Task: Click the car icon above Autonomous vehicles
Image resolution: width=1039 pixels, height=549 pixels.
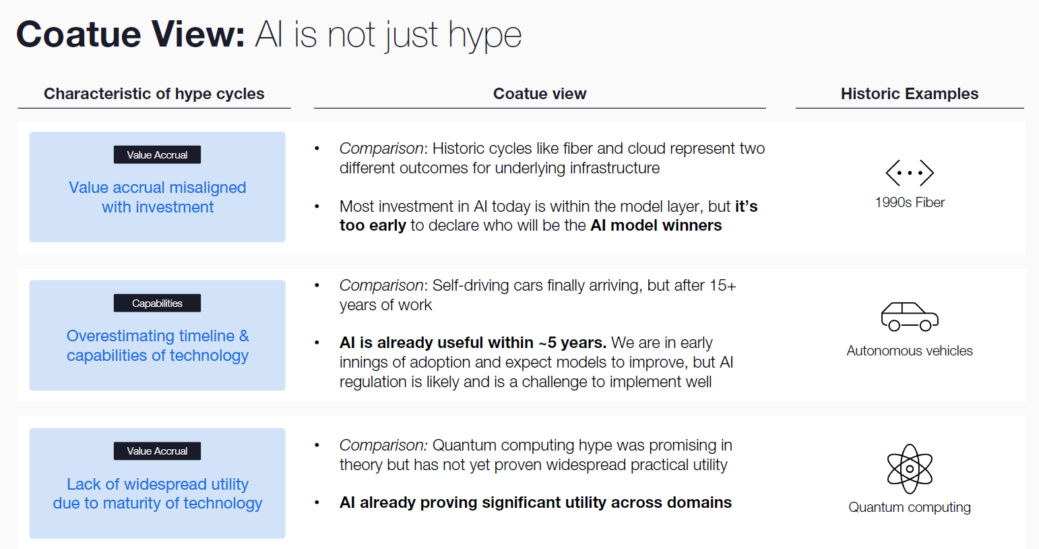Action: point(910,316)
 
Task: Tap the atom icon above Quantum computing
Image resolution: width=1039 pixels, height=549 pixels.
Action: point(910,469)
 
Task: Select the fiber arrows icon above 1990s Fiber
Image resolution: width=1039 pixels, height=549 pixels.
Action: point(910,173)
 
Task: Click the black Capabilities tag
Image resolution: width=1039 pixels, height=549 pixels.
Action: point(157,304)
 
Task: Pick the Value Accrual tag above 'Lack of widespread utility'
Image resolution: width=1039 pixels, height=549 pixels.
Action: point(157,451)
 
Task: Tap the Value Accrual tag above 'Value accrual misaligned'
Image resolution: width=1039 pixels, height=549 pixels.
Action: point(157,155)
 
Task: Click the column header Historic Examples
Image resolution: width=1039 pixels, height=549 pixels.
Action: point(909,94)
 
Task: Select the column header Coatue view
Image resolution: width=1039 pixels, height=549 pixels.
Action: point(540,94)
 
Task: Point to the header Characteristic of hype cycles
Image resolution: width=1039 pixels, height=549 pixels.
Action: point(154,94)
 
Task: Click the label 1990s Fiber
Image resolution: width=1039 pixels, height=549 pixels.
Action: point(910,202)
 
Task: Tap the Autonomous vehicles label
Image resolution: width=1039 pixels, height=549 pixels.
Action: point(910,351)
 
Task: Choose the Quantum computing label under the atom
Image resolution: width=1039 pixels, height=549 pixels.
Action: point(910,507)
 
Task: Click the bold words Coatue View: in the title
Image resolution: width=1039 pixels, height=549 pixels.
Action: point(131,34)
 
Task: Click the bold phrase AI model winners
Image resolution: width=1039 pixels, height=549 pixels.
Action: point(656,225)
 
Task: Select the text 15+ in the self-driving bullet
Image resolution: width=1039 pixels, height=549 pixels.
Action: point(722,285)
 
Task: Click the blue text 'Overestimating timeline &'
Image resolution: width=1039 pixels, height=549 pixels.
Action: point(158,336)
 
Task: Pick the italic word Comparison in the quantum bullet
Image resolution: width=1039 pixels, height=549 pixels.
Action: point(382,445)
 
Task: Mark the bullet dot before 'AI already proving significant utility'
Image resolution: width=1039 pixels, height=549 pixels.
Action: point(317,502)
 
